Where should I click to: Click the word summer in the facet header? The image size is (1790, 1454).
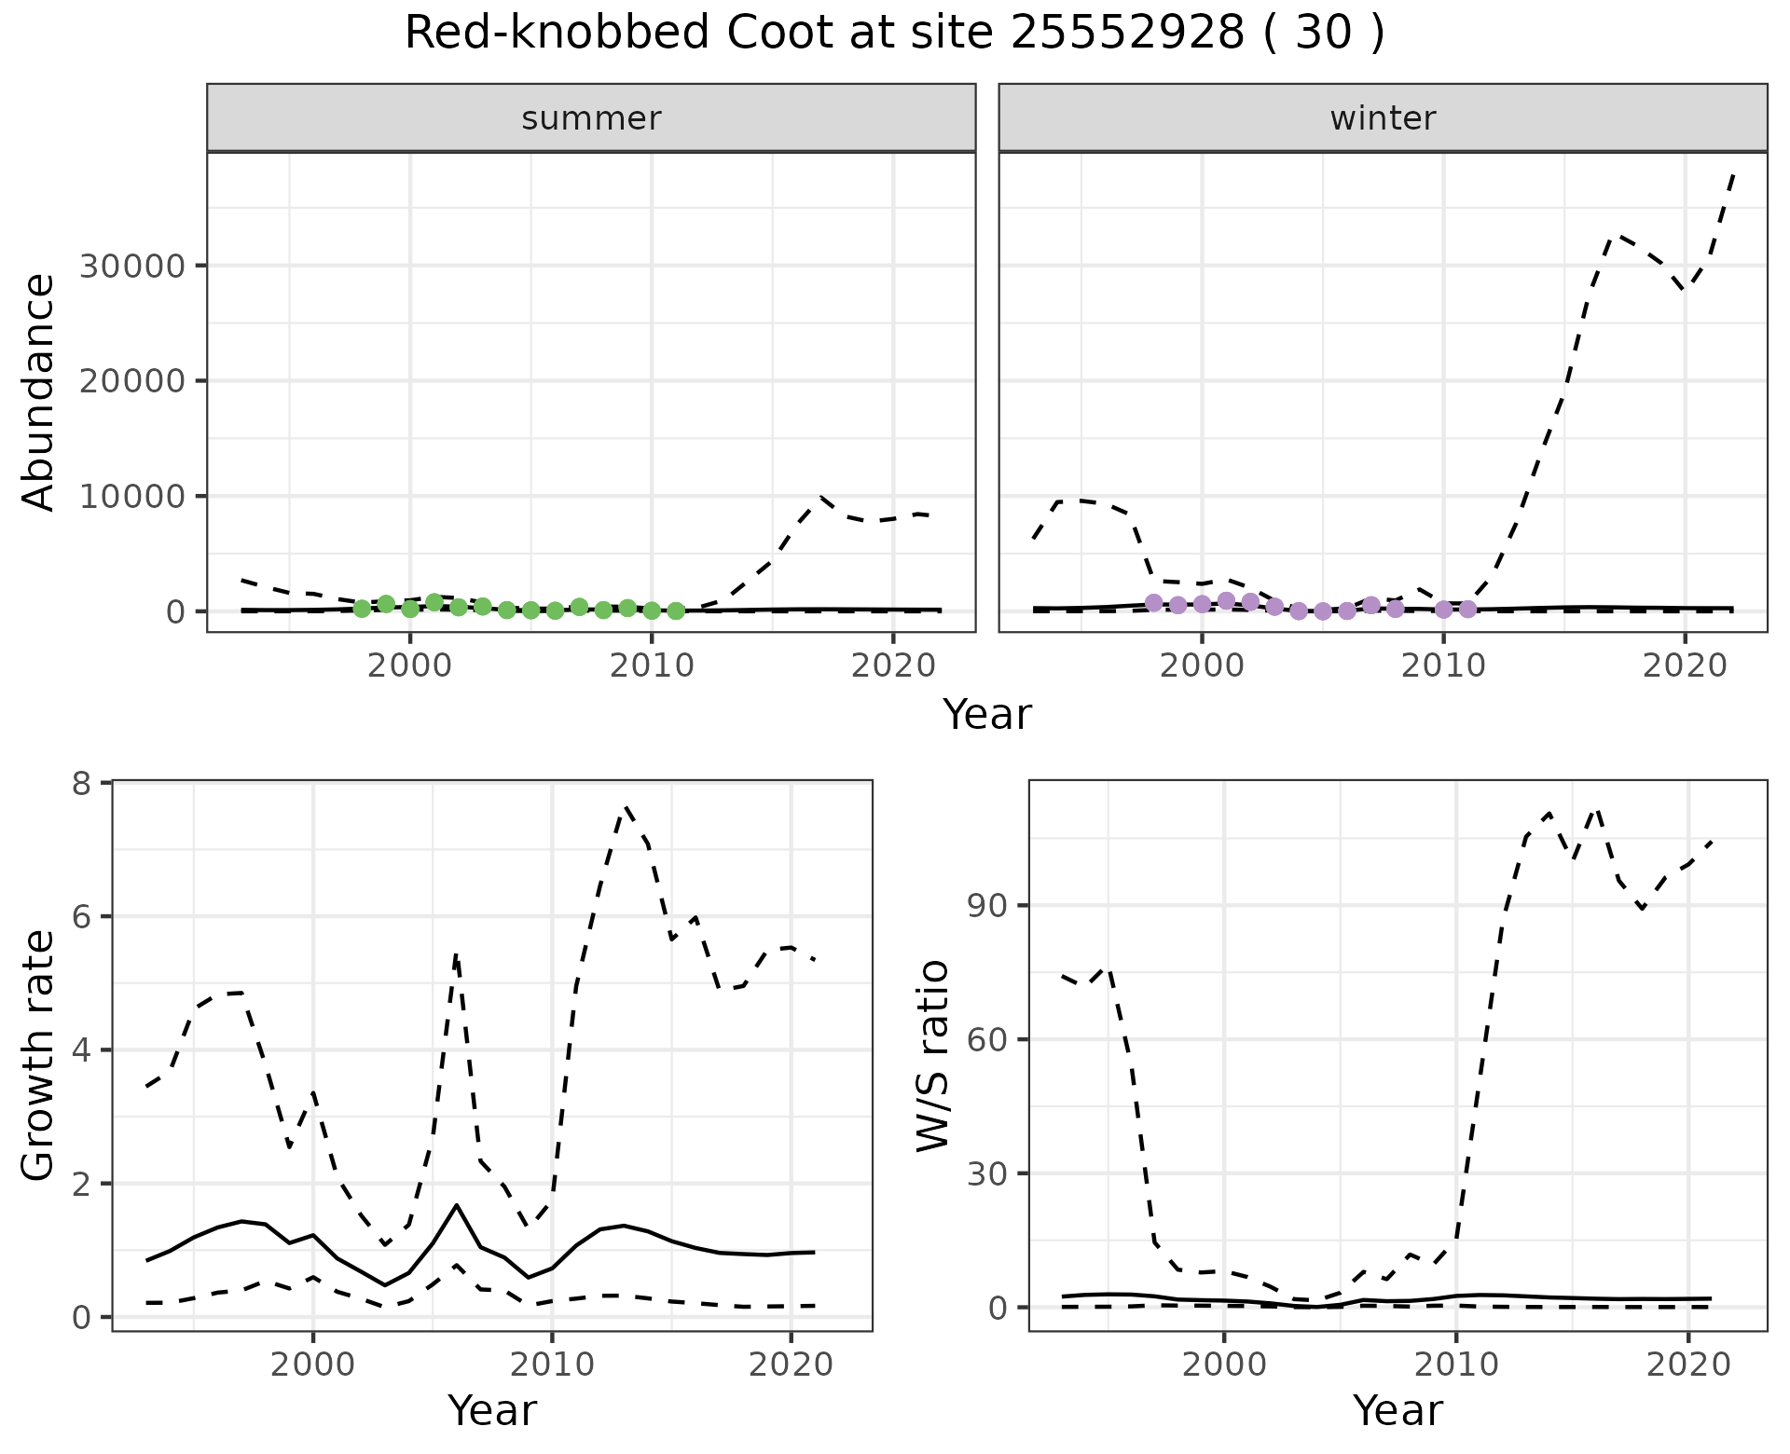[x=591, y=118]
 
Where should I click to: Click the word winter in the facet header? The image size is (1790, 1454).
[x=1383, y=118]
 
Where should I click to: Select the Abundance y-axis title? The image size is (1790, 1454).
[x=39, y=391]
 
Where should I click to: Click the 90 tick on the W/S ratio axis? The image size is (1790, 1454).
[x=988, y=906]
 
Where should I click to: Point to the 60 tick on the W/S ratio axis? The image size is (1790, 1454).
[x=988, y=1040]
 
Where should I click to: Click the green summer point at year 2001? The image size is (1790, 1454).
[x=434, y=602]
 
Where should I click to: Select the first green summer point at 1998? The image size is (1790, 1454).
[x=362, y=609]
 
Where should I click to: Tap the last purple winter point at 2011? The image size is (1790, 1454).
[x=1467, y=609]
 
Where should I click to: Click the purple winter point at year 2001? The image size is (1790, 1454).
[x=1226, y=601]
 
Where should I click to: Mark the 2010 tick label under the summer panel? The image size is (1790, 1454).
[x=652, y=665]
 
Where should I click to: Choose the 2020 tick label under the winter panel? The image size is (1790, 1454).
[x=1685, y=665]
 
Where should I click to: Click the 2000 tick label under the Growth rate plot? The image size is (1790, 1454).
[x=313, y=1365]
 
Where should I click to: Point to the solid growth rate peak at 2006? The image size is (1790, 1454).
[x=457, y=1205]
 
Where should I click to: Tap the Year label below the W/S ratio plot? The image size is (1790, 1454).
[x=1398, y=1410]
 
